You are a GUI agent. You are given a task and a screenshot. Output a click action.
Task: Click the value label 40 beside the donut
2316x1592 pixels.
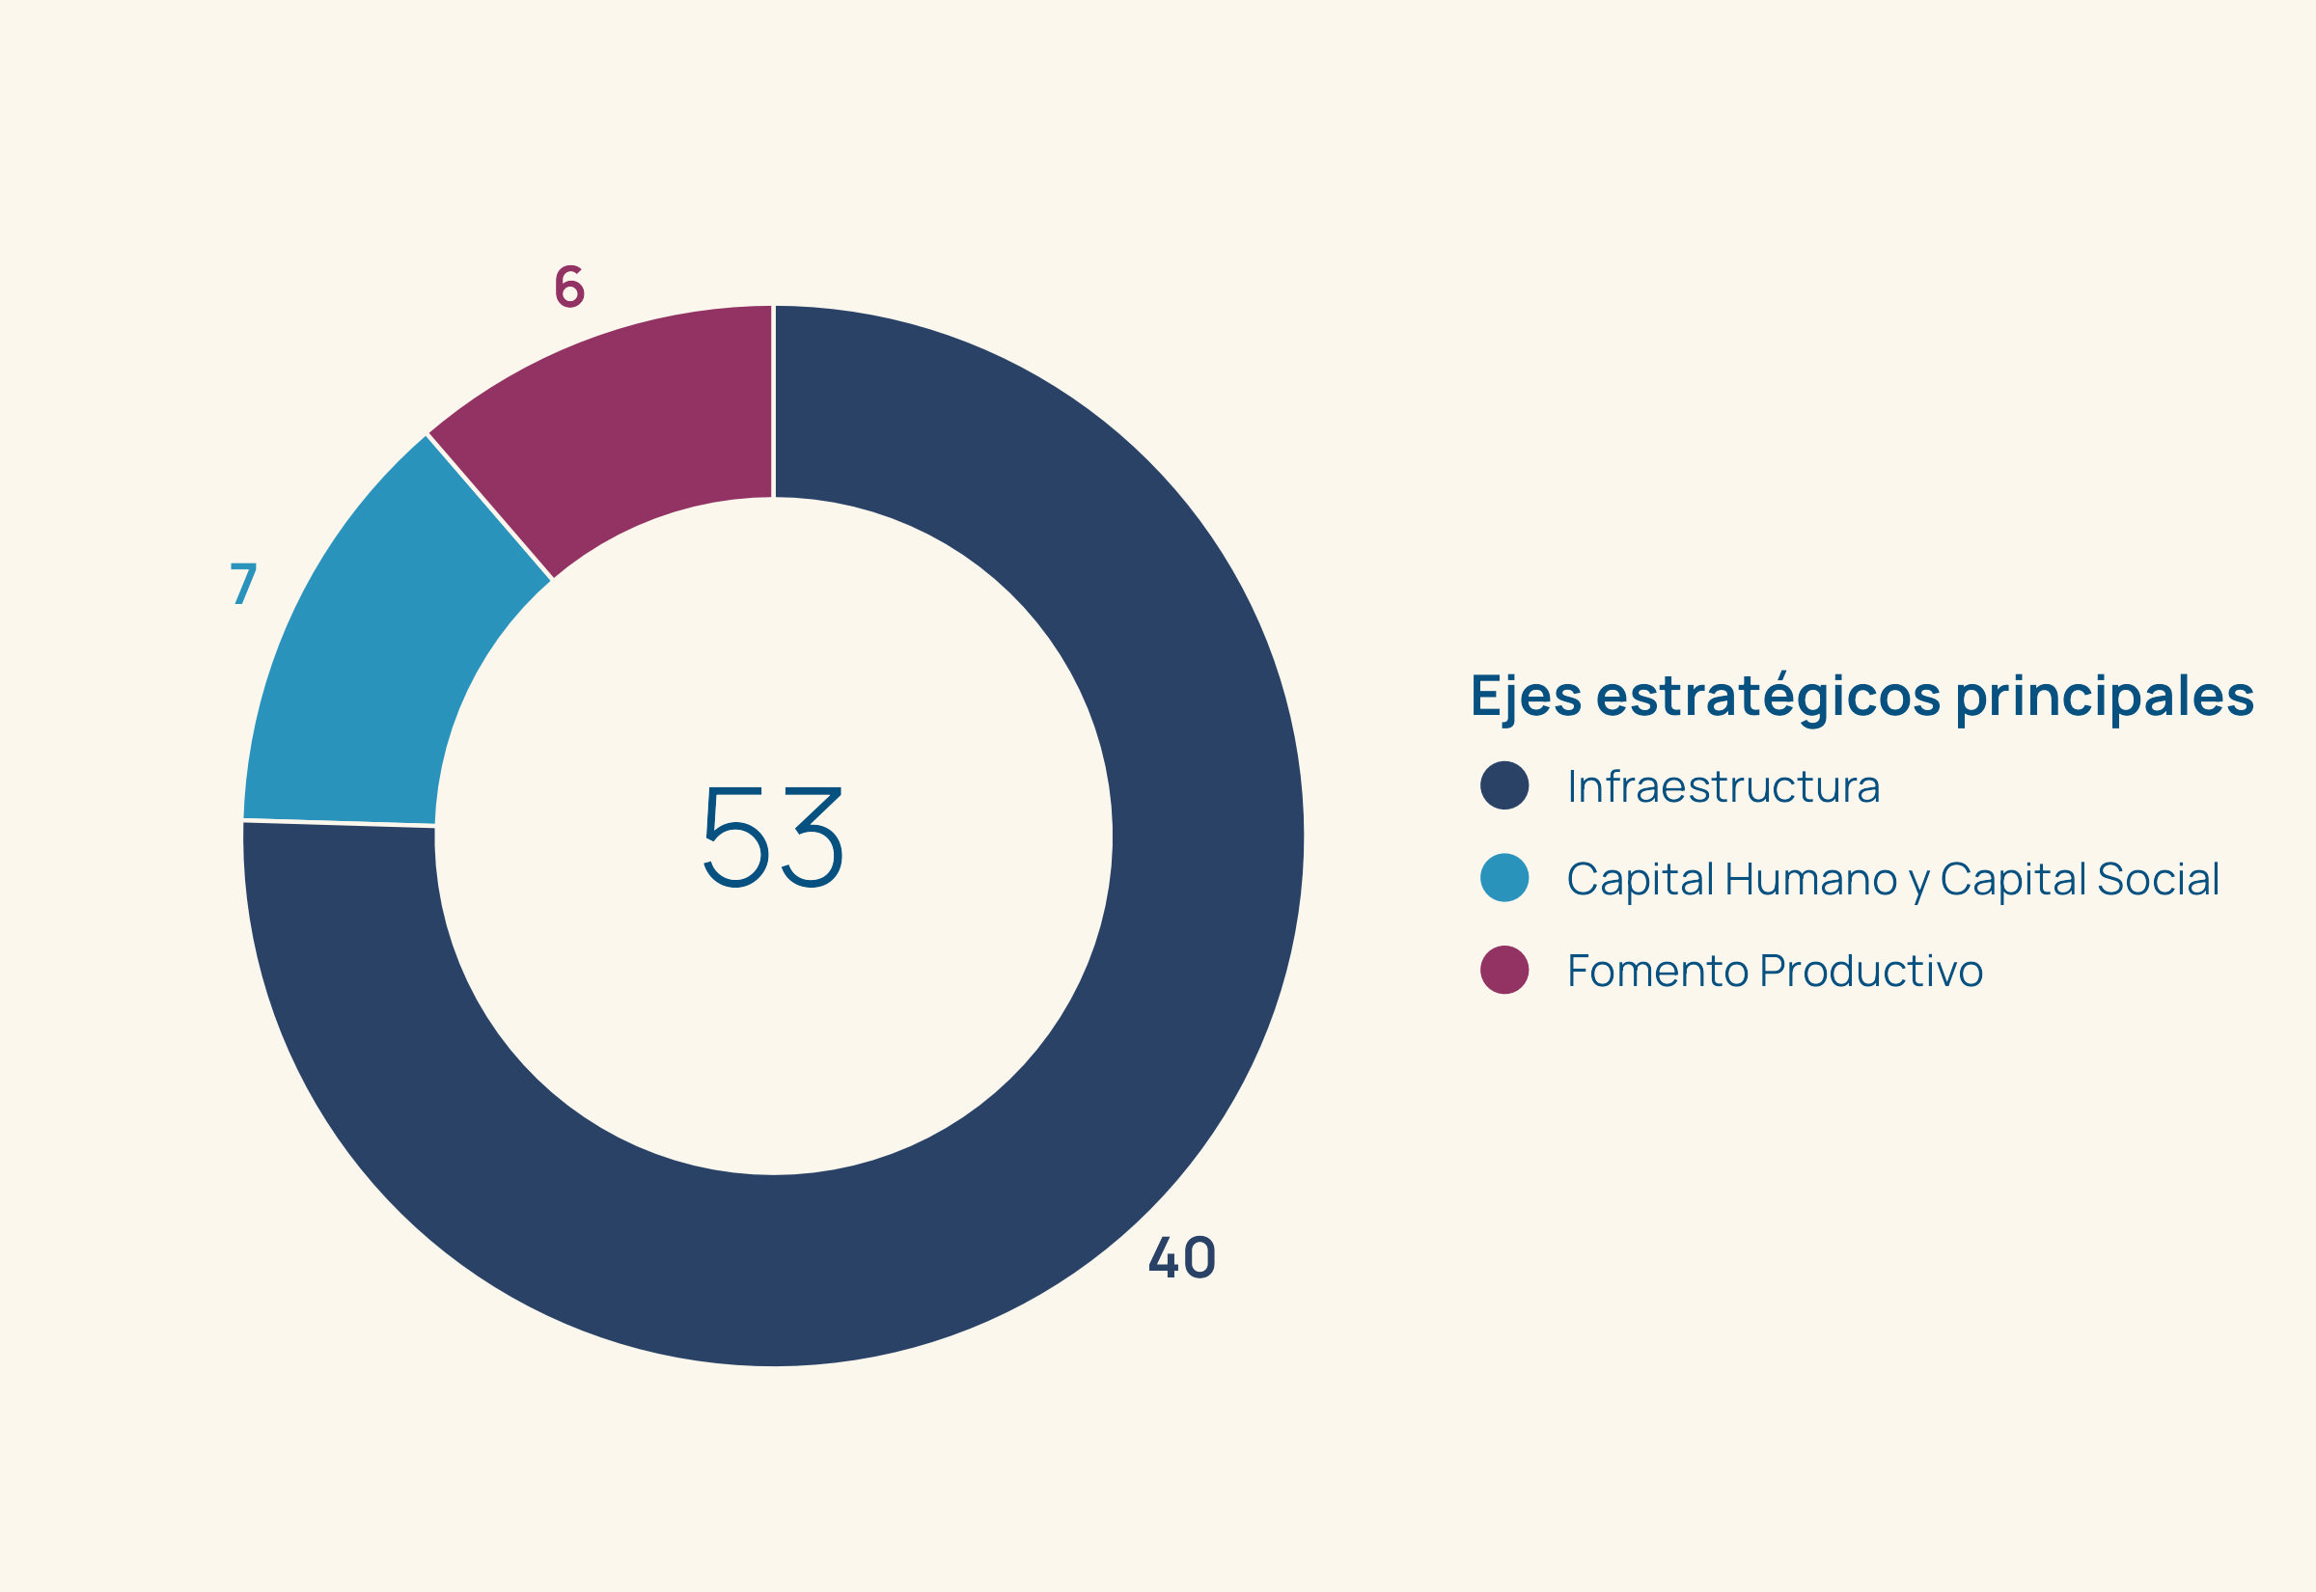1182,1257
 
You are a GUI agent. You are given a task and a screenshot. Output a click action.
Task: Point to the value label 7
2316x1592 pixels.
243,584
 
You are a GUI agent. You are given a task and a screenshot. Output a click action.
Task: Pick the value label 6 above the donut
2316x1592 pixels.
569,287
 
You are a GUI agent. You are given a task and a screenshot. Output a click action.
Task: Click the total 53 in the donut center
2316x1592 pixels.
773,837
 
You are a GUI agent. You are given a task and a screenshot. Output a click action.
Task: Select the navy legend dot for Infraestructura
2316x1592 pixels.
1504,785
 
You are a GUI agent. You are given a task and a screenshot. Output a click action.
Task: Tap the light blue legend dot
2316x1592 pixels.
1504,878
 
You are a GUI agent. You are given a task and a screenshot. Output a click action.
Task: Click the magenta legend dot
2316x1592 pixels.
1504,971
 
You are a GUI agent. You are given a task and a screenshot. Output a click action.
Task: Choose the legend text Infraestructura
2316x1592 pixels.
1723,786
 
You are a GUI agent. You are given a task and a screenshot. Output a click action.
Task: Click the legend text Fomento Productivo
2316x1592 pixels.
1776,971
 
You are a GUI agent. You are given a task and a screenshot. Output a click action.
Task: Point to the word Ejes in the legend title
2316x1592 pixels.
1526,697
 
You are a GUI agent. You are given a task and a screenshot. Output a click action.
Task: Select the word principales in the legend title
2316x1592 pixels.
2105,697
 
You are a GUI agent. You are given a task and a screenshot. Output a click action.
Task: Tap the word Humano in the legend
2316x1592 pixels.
1810,879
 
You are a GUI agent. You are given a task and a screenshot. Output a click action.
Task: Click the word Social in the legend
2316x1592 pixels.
2159,879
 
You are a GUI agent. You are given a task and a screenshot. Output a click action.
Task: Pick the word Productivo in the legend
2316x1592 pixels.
1872,971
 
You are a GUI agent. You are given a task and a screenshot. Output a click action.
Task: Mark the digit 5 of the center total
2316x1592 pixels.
736,837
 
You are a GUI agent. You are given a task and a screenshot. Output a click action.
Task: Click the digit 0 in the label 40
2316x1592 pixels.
1199,1257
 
